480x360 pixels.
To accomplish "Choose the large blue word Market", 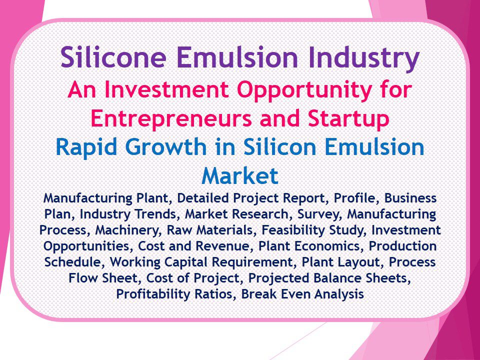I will click(x=239, y=175).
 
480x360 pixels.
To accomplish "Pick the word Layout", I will click(x=361, y=262).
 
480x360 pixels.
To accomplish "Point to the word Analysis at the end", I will click(x=338, y=294).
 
